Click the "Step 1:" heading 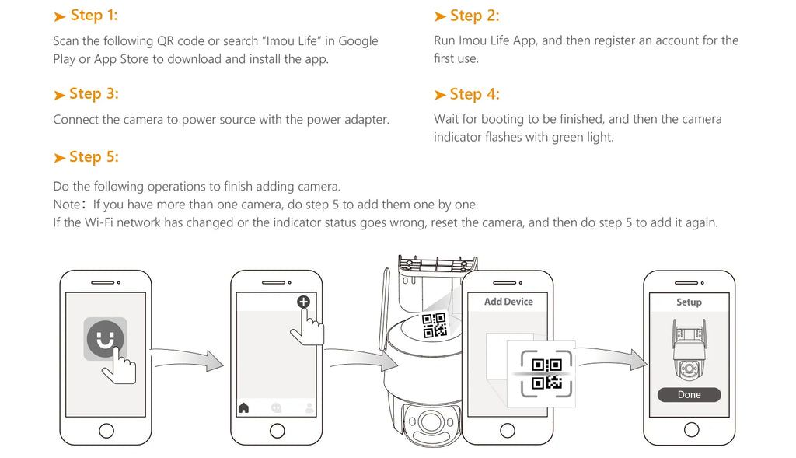coord(94,16)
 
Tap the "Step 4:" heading coord(474,94)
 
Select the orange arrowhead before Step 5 coord(59,158)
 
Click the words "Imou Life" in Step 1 coord(292,40)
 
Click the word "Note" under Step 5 coord(67,205)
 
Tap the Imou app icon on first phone coord(105,339)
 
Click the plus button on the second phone coord(303,302)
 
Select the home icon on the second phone coord(243,407)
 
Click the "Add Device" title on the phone coord(508,302)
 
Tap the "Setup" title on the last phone coord(689,302)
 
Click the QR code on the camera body coord(435,325)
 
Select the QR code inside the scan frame coord(546,374)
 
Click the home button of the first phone coord(106,431)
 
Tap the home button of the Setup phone coord(691,430)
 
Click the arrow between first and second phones coord(188,358)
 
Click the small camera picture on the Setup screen coord(689,350)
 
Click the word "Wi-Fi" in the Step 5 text coord(99,222)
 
